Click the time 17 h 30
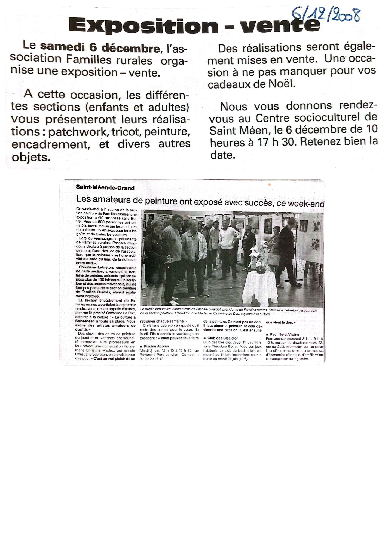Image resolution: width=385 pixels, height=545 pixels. pyautogui.click(x=273, y=142)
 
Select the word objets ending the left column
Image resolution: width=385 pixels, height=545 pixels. pyautogui.click(x=30, y=157)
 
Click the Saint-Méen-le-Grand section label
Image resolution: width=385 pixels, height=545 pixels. pyautogui.click(x=105, y=188)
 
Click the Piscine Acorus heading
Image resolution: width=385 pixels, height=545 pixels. pyautogui.click(x=156, y=346)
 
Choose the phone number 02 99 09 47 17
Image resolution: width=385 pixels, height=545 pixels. pyautogui.click(x=152, y=359)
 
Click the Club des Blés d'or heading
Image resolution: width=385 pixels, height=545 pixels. pyautogui.click(x=222, y=338)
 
